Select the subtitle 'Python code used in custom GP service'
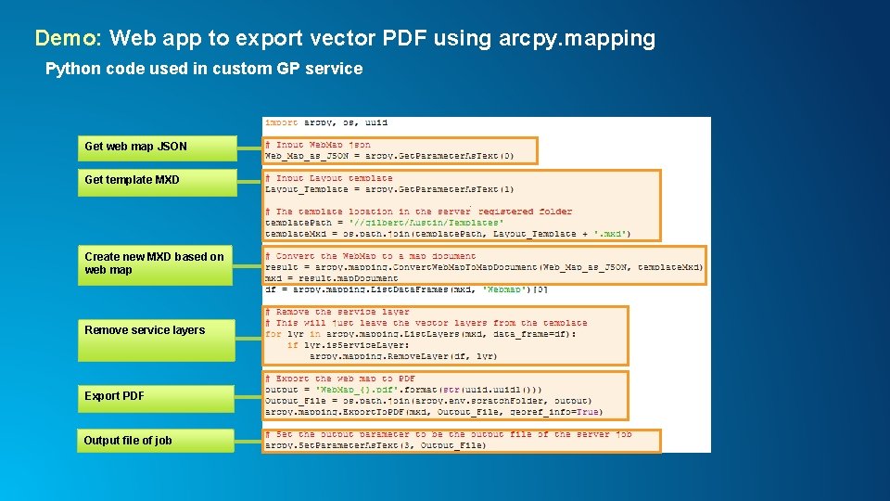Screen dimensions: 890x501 [x=204, y=69]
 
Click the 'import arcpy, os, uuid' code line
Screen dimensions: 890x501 [x=326, y=122]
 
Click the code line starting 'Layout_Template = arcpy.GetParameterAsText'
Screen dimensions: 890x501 [x=388, y=189]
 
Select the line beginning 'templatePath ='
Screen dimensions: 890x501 [x=384, y=223]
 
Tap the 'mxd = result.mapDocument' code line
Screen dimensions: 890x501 [x=331, y=278]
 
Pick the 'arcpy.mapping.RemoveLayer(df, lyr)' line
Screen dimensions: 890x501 [x=402, y=356]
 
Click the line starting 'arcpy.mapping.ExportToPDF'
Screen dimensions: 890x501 [x=433, y=412]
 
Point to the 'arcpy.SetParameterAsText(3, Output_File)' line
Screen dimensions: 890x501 [x=375, y=445]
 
